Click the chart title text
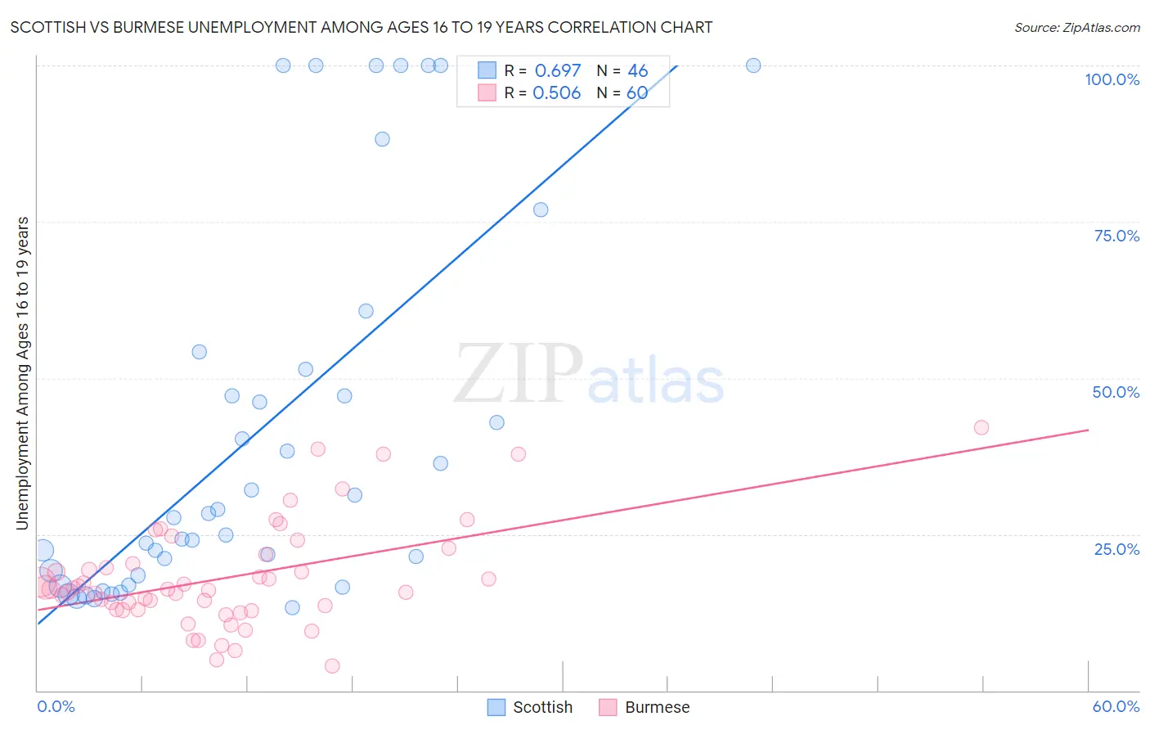361,27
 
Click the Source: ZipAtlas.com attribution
1076,27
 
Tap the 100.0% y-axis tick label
1112,79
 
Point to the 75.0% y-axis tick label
1116,236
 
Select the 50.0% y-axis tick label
1116,392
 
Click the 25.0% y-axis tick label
1116,548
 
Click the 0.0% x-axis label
56,706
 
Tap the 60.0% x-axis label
1116,706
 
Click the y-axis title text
22,373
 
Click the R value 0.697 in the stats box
557,70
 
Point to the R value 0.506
556,92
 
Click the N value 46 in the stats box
637,70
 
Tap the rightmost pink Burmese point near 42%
982,427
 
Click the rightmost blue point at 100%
753,65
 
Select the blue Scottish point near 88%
382,139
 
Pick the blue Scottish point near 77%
541,210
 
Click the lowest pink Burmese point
332,666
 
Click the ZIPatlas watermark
589,374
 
